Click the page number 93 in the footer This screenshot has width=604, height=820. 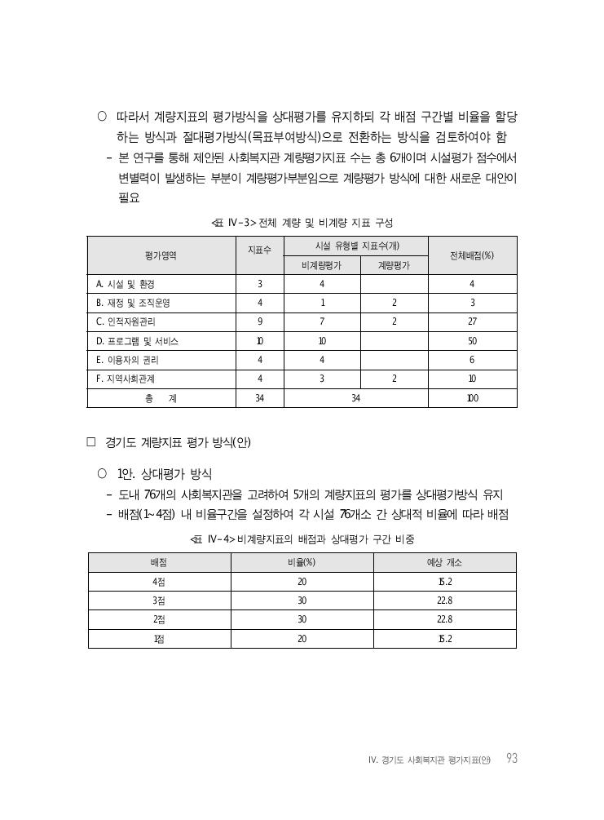point(511,759)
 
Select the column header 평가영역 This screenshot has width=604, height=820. point(161,255)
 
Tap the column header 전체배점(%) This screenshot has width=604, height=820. point(472,255)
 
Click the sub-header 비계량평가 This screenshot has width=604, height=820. point(321,265)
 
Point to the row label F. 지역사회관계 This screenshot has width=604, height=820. point(126,379)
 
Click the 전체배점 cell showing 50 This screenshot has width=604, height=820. point(472,341)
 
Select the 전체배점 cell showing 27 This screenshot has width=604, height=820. point(472,321)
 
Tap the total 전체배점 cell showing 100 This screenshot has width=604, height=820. point(472,398)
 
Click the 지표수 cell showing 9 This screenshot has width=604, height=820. point(259,321)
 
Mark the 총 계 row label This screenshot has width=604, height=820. point(161,398)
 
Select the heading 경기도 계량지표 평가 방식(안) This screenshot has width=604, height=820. point(178,443)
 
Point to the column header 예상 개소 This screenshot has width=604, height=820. point(444,563)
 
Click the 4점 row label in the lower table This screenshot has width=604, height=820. point(158,582)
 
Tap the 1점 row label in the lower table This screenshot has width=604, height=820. point(158,638)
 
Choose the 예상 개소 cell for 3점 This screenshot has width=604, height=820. point(444,601)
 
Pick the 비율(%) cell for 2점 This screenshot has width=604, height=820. point(302,619)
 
